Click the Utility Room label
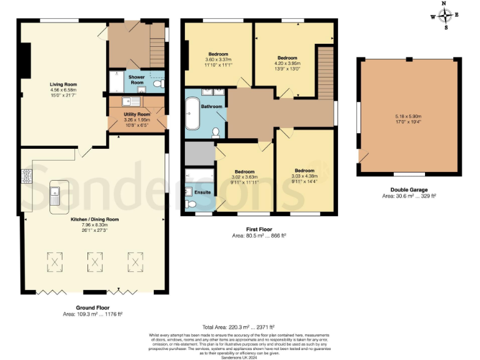click(137, 114)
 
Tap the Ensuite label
click(203, 192)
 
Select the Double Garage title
click(410, 189)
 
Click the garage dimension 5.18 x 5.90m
click(409, 116)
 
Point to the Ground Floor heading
click(93, 307)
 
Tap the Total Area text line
click(239, 327)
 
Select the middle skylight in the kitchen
click(94, 261)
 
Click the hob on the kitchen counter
click(27, 176)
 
